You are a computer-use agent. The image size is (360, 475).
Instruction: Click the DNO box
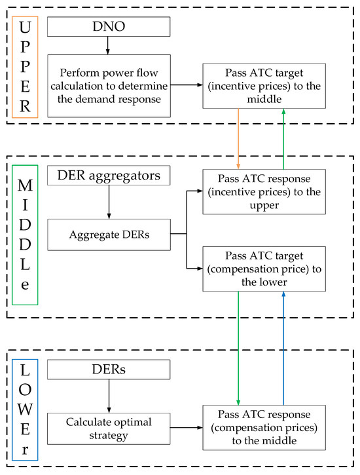click(109, 26)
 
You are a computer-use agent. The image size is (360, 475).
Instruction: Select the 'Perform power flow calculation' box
click(109, 85)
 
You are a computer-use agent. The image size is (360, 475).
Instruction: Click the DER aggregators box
click(109, 176)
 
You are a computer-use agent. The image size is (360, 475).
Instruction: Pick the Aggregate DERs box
click(109, 234)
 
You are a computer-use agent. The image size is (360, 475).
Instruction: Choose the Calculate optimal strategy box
click(109, 427)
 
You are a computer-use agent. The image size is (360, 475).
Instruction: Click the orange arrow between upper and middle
click(238, 138)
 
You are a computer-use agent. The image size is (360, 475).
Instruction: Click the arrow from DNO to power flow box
click(109, 45)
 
